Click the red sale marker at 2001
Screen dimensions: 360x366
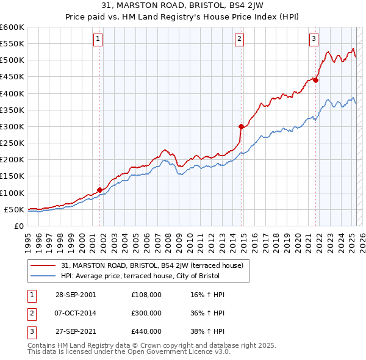100,190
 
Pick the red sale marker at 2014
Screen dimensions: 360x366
242,126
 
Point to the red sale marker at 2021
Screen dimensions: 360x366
316,80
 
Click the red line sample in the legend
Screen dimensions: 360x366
44,265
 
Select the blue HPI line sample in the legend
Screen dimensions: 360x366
44,275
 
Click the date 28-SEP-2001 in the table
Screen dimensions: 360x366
75,294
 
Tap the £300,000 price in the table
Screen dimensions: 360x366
146,313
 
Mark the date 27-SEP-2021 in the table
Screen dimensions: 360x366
75,332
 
